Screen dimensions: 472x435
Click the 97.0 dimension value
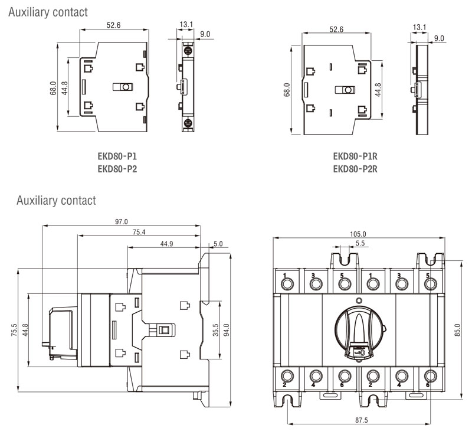[122, 222]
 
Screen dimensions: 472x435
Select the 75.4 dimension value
[139, 232]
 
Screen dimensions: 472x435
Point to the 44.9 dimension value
[166, 244]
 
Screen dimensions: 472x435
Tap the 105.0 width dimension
[358, 234]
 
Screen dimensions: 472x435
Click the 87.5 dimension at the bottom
[361, 420]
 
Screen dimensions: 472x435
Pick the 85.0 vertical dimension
[458, 330]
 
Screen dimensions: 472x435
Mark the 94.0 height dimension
[227, 330]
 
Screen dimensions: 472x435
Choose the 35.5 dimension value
[215, 330]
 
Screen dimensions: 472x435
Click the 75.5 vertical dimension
[14, 330]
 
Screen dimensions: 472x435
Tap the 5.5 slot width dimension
[360, 243]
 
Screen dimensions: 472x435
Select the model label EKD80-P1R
[355, 156]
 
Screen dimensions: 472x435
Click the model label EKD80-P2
[117, 169]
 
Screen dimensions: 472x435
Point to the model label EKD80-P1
[117, 156]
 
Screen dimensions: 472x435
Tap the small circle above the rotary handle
[359, 300]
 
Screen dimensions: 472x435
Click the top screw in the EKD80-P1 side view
[188, 50]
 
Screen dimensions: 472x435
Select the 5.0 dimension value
[218, 244]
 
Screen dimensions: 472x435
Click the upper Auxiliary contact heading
[48, 12]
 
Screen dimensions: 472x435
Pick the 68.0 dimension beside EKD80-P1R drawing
[287, 89]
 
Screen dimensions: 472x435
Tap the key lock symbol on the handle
[359, 352]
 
